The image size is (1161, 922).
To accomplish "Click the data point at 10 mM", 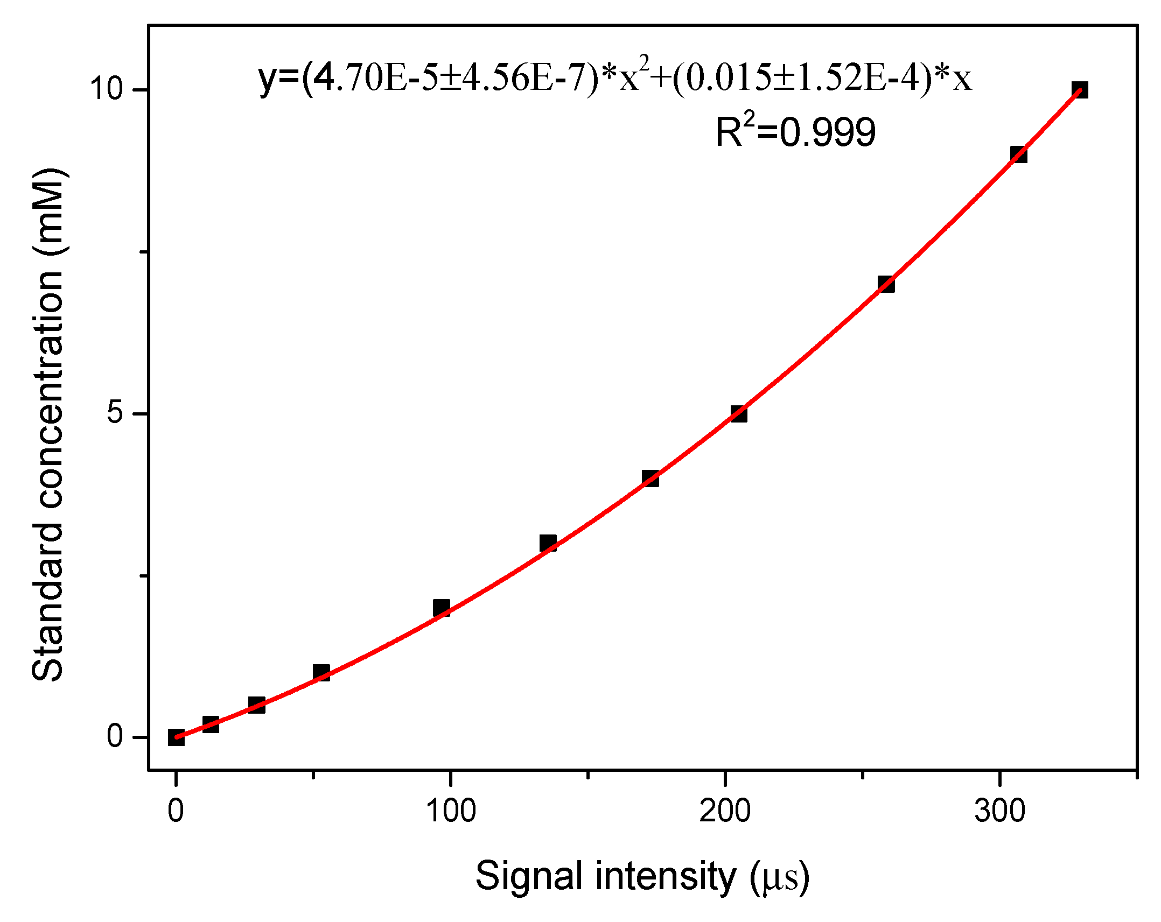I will (1079, 90).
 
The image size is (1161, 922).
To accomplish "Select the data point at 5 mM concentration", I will (739, 414).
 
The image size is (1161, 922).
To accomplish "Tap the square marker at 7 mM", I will (886, 284).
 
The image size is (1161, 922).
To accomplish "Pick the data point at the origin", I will (176, 737).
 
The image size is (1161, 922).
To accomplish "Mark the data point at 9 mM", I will (1018, 155).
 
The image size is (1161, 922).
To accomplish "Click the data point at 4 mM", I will (651, 478).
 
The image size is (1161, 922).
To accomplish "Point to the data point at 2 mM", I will (442, 608).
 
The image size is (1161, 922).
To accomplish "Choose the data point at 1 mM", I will (321, 673).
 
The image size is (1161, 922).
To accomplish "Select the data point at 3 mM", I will (548, 543).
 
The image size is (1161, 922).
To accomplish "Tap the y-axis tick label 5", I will (115, 413).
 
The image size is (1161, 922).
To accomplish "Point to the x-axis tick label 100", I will (451, 811).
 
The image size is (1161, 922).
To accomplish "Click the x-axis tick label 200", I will (725, 811).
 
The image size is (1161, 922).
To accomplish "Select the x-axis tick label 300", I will (999, 811).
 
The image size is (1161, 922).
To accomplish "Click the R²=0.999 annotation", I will (795, 132).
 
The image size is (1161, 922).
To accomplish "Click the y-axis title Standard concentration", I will (48, 425).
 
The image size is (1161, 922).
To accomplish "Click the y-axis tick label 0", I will (115, 736).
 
